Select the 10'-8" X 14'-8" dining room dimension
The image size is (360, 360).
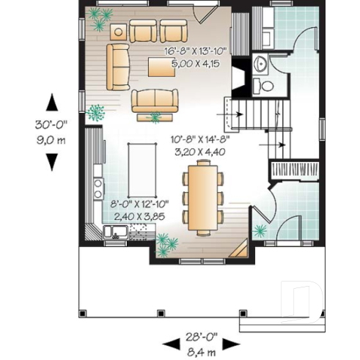[x=196, y=142]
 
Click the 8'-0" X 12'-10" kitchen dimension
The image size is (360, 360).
[x=138, y=205]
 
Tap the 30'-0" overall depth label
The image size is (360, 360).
[x=52, y=125]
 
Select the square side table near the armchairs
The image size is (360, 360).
[x=118, y=32]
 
